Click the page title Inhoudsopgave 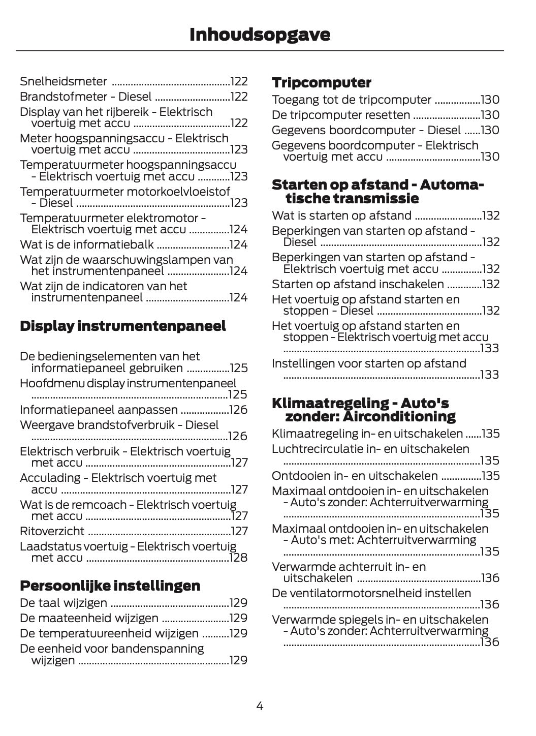pos(260,35)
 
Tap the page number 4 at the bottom pos(260,706)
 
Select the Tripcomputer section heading pos(322,83)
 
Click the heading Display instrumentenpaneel pos(123,326)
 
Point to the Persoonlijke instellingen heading pos(110,586)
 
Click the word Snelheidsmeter pos(64,81)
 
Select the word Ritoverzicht pos(52,531)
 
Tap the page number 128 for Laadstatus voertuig pos(238,558)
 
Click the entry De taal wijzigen pos(64,603)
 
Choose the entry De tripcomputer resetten pos(341,115)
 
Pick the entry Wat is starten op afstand pos(341,216)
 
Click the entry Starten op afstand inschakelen pos(358,284)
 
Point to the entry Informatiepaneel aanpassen pos(99,410)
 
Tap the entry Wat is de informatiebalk pos(87,244)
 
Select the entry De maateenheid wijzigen pos(89,618)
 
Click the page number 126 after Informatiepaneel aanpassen pos(238,410)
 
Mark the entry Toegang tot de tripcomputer pos(352,100)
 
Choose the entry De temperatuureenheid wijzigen pos(109,633)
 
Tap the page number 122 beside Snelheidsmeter pos(239,81)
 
